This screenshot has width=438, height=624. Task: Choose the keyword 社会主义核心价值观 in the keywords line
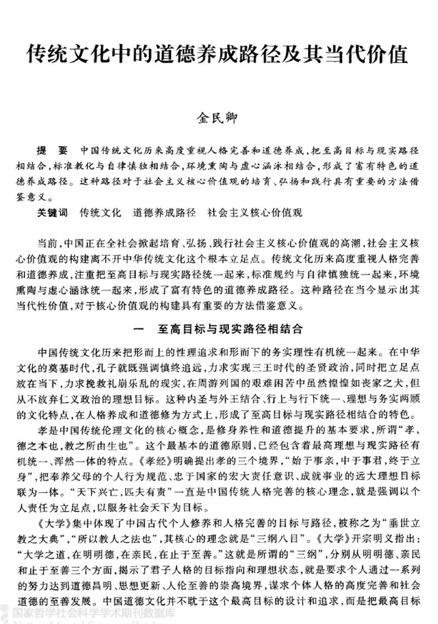[x=255, y=212]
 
